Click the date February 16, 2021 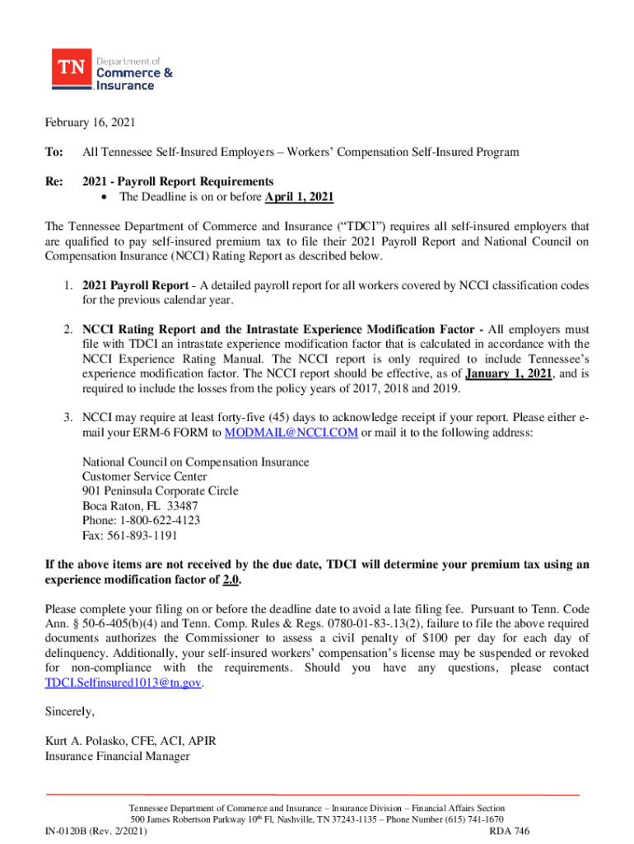click(x=89, y=123)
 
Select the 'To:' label click(x=54, y=152)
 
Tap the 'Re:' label click(x=54, y=181)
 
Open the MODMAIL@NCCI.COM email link click(x=291, y=434)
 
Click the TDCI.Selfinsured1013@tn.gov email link click(x=123, y=682)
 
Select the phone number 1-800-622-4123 click(x=148, y=521)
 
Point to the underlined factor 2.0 click(x=231, y=579)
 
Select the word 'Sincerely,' click(x=70, y=711)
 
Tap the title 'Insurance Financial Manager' click(x=117, y=756)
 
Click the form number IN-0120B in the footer click(x=69, y=832)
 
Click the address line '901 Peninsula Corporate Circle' click(x=161, y=491)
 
